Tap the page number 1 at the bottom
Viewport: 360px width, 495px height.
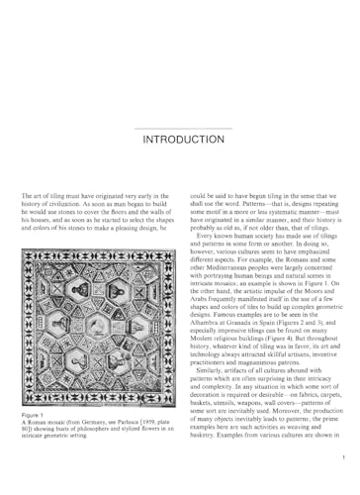pos(339,457)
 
